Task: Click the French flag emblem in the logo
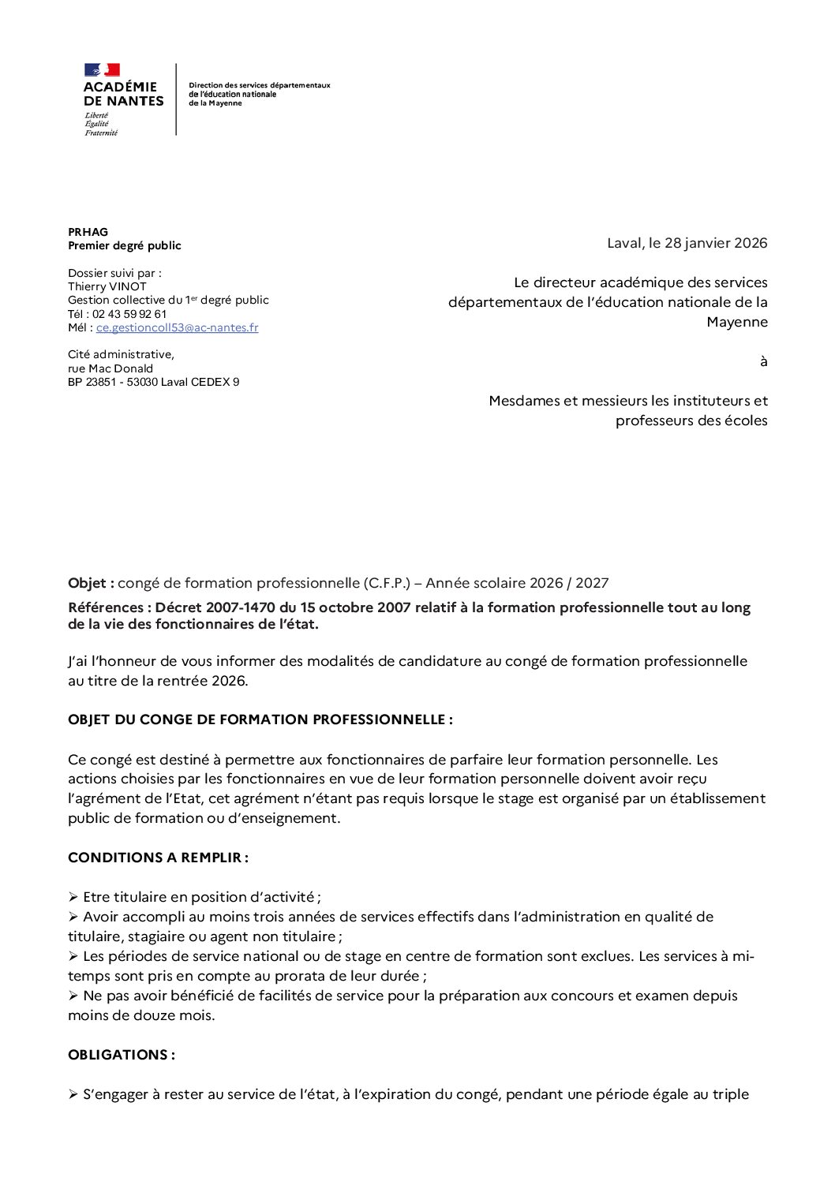pos(102,69)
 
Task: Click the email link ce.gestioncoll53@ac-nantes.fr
pos(177,327)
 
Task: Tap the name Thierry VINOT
pos(107,286)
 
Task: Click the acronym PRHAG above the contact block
pos(88,232)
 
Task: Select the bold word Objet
pos(88,583)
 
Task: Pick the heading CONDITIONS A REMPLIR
pos(157,858)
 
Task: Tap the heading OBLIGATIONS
pos(120,1055)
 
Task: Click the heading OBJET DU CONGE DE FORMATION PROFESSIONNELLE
pos(259,719)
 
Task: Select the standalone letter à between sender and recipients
pos(763,361)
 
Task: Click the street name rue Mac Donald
pos(110,368)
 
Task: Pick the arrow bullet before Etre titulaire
pos(73,897)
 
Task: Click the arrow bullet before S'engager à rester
pos(73,1094)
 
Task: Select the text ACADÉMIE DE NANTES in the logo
pos(123,94)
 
